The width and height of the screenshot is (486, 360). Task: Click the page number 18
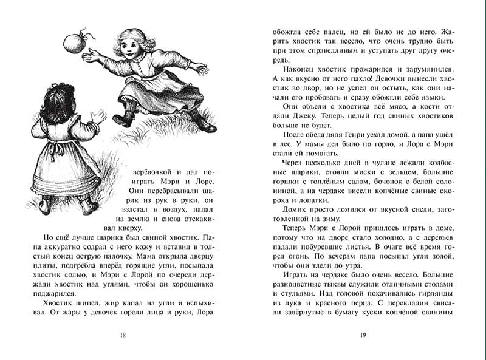click(x=123, y=335)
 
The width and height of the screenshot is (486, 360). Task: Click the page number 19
click(x=363, y=335)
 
